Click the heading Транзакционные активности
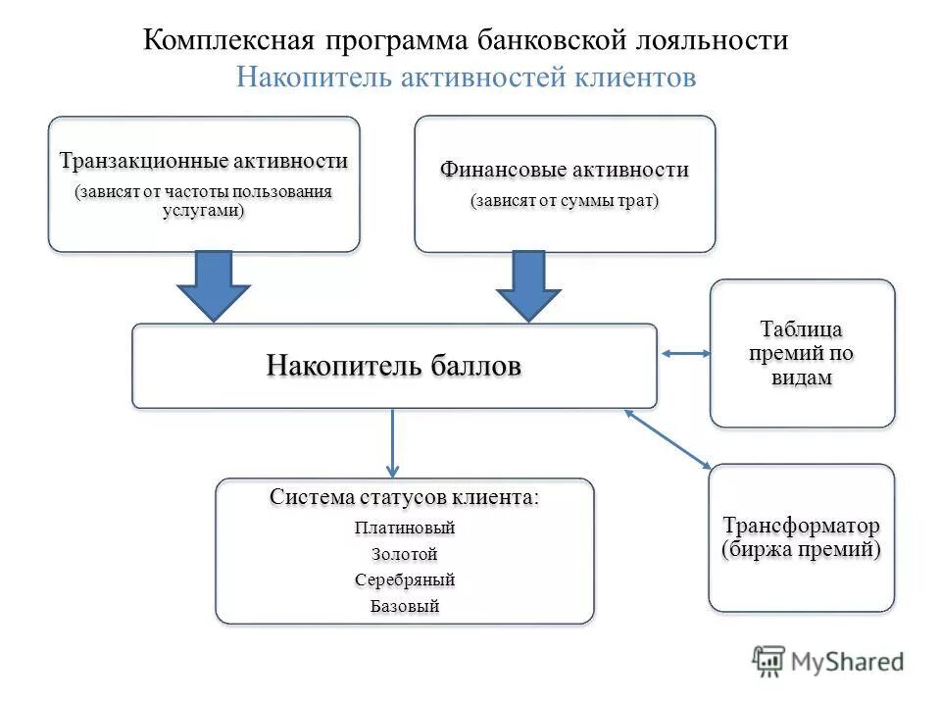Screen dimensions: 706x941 (204, 161)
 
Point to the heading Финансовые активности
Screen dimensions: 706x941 (564, 170)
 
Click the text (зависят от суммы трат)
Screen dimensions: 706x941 (564, 201)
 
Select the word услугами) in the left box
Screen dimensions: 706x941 (204, 211)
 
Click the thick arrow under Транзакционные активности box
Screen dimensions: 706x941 (214, 285)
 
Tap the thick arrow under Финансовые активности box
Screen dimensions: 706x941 (528, 285)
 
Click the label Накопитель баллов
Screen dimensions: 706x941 (394, 366)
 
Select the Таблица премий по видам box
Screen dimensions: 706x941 (802, 353)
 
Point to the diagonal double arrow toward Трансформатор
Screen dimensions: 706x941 (668, 437)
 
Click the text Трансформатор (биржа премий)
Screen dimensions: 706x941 (801, 537)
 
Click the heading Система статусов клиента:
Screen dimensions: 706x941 (404, 498)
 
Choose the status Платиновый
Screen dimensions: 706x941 (405, 529)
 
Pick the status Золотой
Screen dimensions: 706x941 (405, 555)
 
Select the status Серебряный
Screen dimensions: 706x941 (405, 580)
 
